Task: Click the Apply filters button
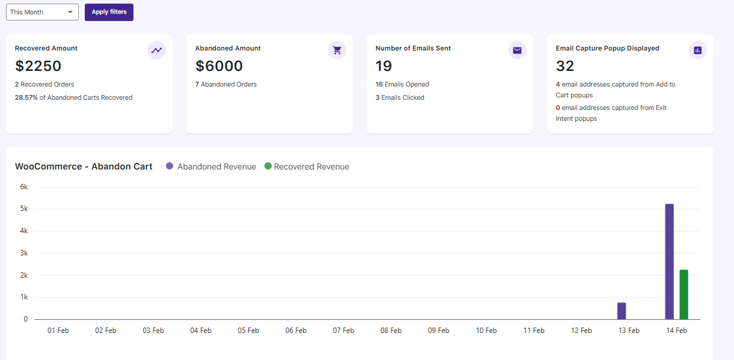pyautogui.click(x=109, y=12)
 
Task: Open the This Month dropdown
pyautogui.click(x=42, y=12)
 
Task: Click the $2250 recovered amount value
pyautogui.click(x=38, y=66)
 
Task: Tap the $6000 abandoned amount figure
pyautogui.click(x=219, y=66)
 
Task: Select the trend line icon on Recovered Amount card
pyautogui.click(x=157, y=50)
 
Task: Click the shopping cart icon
pyautogui.click(x=337, y=50)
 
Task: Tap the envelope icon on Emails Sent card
pyautogui.click(x=518, y=50)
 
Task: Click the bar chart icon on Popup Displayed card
pyautogui.click(x=697, y=50)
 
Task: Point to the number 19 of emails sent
pyautogui.click(x=384, y=66)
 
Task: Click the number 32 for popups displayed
pyautogui.click(x=565, y=66)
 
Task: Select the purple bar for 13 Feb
pyautogui.click(x=622, y=311)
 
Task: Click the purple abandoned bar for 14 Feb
pyautogui.click(x=670, y=261)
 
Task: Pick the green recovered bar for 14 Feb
pyautogui.click(x=684, y=294)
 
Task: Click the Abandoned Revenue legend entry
pyautogui.click(x=211, y=166)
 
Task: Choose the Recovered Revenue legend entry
pyautogui.click(x=307, y=166)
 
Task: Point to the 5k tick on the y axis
pyautogui.click(x=24, y=209)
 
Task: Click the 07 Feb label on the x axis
pyautogui.click(x=343, y=331)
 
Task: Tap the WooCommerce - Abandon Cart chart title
pyautogui.click(x=84, y=166)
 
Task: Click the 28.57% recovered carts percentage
pyautogui.click(x=26, y=97)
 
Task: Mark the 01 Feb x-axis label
pyautogui.click(x=58, y=331)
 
